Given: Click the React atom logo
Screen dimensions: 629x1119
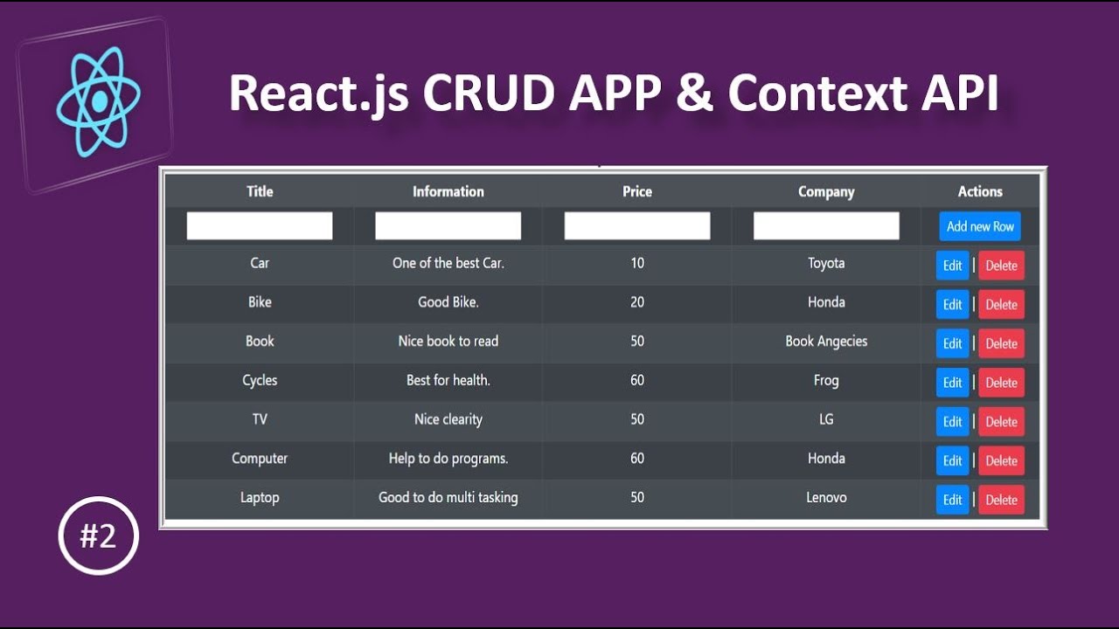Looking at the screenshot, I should (98, 103).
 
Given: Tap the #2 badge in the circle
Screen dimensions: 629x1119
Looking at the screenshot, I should (99, 536).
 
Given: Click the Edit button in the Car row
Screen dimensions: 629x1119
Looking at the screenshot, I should (952, 266).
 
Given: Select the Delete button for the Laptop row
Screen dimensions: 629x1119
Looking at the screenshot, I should (1001, 500).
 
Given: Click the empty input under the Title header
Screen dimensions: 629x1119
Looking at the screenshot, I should (260, 226).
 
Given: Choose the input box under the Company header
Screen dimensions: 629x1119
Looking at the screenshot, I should (826, 226).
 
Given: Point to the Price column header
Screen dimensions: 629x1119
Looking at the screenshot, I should (637, 191).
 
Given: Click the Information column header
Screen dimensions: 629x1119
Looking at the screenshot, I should (448, 191).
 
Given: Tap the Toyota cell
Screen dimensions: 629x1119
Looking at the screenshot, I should (826, 263).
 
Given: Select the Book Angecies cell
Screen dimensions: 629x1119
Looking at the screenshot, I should (826, 341).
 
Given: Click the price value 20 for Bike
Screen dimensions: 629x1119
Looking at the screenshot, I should (637, 302).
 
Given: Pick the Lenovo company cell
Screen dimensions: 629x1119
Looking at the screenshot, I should (826, 497).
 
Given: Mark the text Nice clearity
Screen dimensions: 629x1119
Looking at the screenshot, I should (448, 419).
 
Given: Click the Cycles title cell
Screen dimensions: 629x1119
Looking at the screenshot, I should (260, 380).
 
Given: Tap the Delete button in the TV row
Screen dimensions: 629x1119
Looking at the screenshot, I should (1001, 422).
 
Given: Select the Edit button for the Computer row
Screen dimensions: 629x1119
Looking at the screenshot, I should (952, 460).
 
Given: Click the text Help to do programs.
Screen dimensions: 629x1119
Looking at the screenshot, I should (448, 459).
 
